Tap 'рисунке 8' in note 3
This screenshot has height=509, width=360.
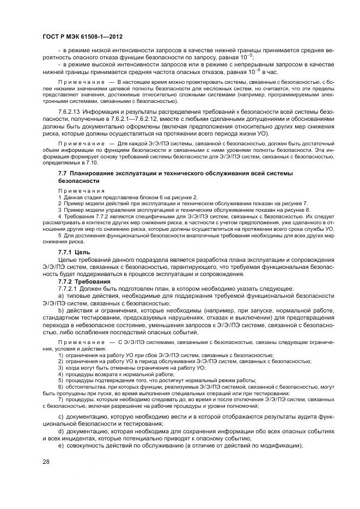pyautogui.click(x=297, y=210)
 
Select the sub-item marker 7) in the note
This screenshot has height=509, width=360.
pyautogui.click(x=60, y=400)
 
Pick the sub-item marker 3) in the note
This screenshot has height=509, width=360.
pyautogui.click(x=60, y=368)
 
